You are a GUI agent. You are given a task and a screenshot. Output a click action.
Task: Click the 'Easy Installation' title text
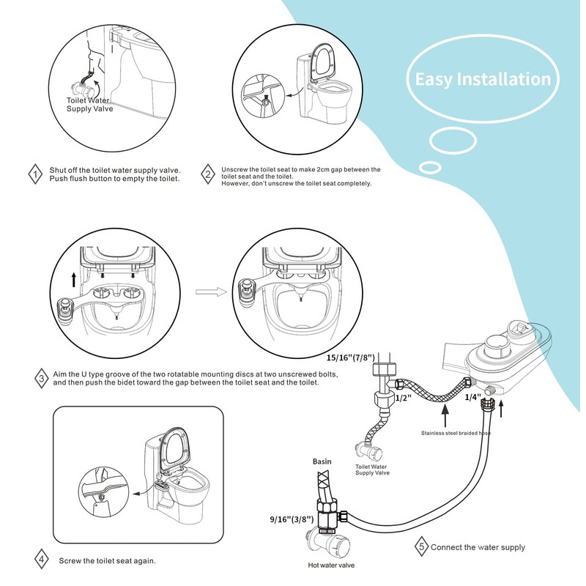pos(483,80)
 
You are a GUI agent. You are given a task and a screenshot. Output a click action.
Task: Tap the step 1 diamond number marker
pos(35,174)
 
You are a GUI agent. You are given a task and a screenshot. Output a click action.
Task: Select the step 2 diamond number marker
pos(208,174)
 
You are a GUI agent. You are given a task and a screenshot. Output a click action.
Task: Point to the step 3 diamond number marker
pos(41,378)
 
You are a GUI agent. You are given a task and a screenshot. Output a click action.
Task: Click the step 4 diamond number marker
pos(42,560)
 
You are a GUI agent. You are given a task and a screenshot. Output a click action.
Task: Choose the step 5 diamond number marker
pos(422,546)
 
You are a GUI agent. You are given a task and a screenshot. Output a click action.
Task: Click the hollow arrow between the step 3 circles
pos(211,292)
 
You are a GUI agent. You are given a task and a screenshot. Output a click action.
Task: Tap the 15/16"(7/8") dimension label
pos(351,358)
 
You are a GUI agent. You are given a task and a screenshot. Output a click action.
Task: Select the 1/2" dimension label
pos(404,398)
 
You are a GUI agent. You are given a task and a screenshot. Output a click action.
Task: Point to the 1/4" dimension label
pos(472,397)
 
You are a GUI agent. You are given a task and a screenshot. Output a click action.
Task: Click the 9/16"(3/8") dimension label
pos(292,519)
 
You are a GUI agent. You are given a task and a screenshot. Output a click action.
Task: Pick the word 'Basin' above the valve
pos(322,461)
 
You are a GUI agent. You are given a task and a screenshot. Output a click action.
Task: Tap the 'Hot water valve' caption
pos(331,565)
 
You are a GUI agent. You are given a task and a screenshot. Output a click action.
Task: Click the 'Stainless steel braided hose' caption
pos(456,433)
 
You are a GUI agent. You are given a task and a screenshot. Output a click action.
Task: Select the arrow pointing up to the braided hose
pos(445,415)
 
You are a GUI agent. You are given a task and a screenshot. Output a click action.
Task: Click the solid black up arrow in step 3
pos(74,280)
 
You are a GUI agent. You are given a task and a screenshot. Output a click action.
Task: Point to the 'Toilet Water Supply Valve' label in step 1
pos(89,105)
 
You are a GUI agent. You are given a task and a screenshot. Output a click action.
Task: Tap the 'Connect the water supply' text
pos(478,547)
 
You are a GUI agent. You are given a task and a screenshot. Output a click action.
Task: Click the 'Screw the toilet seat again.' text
pos(107,560)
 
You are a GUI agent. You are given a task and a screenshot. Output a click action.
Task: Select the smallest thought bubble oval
pos(430,168)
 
